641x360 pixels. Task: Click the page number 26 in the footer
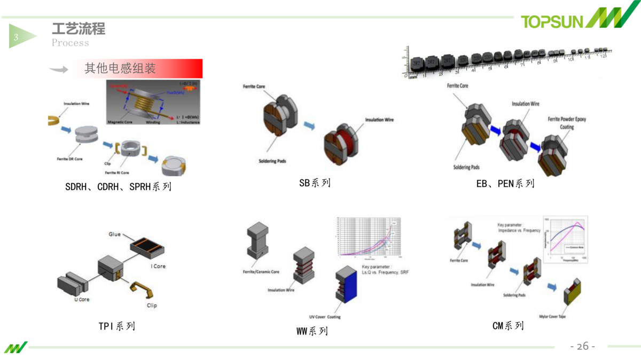[582, 346]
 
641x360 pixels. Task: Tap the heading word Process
[71, 43]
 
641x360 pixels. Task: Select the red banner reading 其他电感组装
[138, 68]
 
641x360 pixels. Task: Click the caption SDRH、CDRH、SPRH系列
[118, 187]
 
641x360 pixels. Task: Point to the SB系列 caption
[315, 183]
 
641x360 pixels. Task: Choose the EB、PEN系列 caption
[505, 184]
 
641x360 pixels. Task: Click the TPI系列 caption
[116, 326]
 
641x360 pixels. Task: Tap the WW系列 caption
[312, 331]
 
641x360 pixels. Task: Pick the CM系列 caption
[507, 325]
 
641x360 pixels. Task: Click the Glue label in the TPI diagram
[115, 234]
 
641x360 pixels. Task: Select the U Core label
[82, 300]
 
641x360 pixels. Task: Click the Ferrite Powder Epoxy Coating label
[567, 123]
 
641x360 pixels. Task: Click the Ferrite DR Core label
[69, 159]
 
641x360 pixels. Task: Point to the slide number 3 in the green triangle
[16, 37]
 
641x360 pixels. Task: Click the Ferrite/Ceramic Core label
[261, 272]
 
